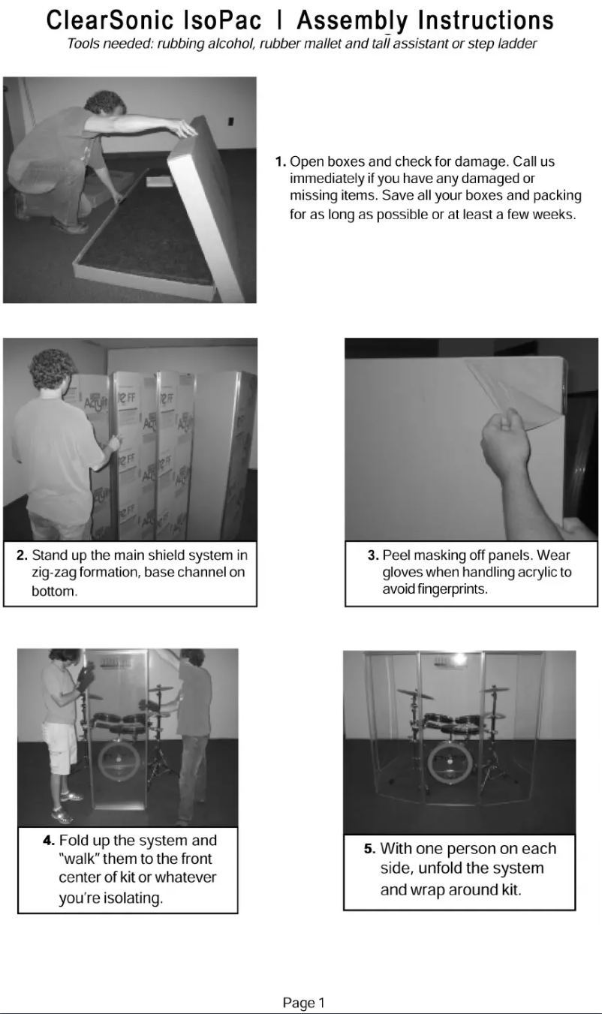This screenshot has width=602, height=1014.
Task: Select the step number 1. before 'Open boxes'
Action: click(x=281, y=161)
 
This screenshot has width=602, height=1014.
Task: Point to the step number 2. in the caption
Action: click(x=23, y=556)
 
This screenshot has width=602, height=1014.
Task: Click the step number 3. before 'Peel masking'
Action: click(x=373, y=555)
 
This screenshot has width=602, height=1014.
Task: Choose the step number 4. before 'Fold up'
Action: click(x=49, y=841)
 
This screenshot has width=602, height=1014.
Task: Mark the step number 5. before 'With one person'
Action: click(x=369, y=849)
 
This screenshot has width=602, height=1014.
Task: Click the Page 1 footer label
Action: click(x=303, y=1003)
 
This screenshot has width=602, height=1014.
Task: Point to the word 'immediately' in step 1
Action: click(x=327, y=179)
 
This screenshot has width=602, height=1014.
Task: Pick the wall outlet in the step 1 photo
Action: click(x=230, y=120)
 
